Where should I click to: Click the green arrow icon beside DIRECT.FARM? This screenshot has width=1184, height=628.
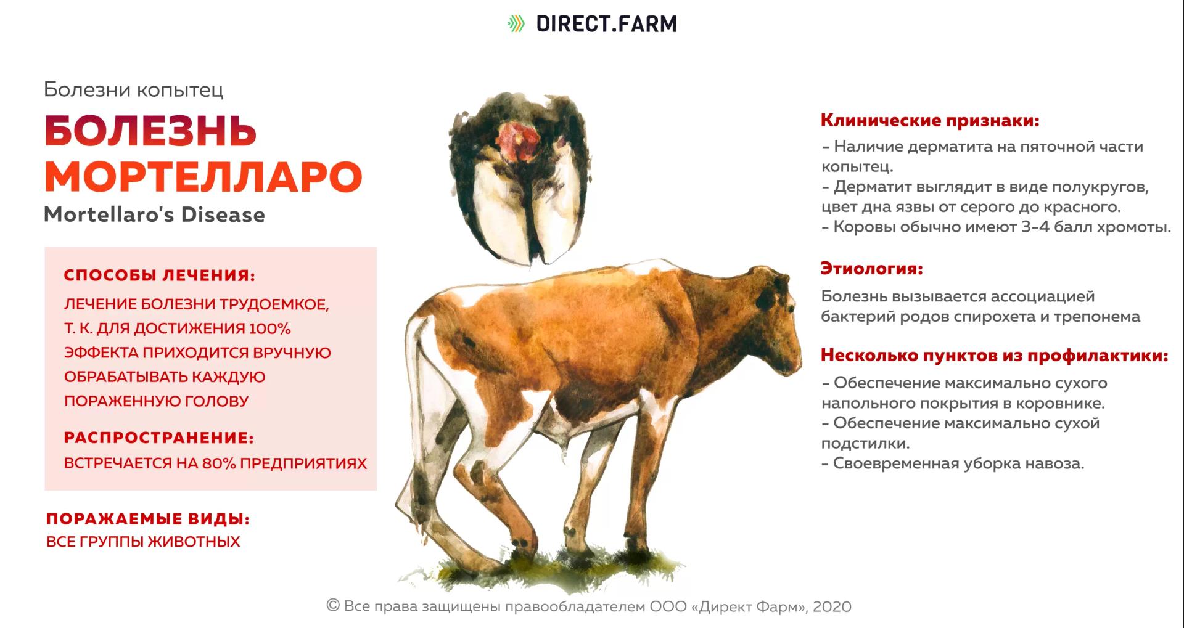click(x=516, y=24)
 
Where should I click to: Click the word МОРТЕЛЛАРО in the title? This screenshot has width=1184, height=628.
click(x=203, y=177)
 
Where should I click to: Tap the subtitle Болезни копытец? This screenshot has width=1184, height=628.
click(x=134, y=90)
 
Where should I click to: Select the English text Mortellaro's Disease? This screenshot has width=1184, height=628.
click(x=154, y=215)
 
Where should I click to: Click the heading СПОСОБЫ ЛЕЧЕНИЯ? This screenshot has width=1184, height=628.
click(x=159, y=275)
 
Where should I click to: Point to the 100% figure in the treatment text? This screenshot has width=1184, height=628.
click(x=269, y=328)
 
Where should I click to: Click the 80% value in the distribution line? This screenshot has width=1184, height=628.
click(x=219, y=463)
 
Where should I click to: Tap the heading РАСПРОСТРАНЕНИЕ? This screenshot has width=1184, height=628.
click(x=158, y=438)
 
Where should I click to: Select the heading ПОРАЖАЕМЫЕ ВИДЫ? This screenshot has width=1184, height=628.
click(x=148, y=519)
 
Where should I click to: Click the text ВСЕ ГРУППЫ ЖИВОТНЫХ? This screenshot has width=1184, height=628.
click(x=143, y=542)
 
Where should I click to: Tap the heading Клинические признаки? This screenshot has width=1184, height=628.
click(x=929, y=120)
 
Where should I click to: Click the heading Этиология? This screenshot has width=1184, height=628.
click(x=871, y=269)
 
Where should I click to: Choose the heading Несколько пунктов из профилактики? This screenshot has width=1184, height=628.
click(x=994, y=356)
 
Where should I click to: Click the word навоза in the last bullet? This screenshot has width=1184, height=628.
click(x=1054, y=463)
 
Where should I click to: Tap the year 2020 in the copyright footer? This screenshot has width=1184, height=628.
click(x=832, y=606)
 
